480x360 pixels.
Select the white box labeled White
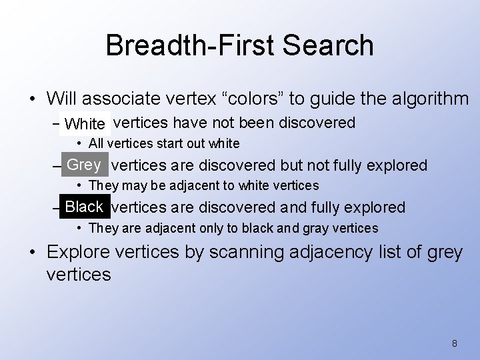(x=85, y=124)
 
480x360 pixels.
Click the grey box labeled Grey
(x=84, y=165)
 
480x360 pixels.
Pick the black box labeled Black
(x=84, y=207)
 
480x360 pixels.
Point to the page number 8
(x=454, y=343)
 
